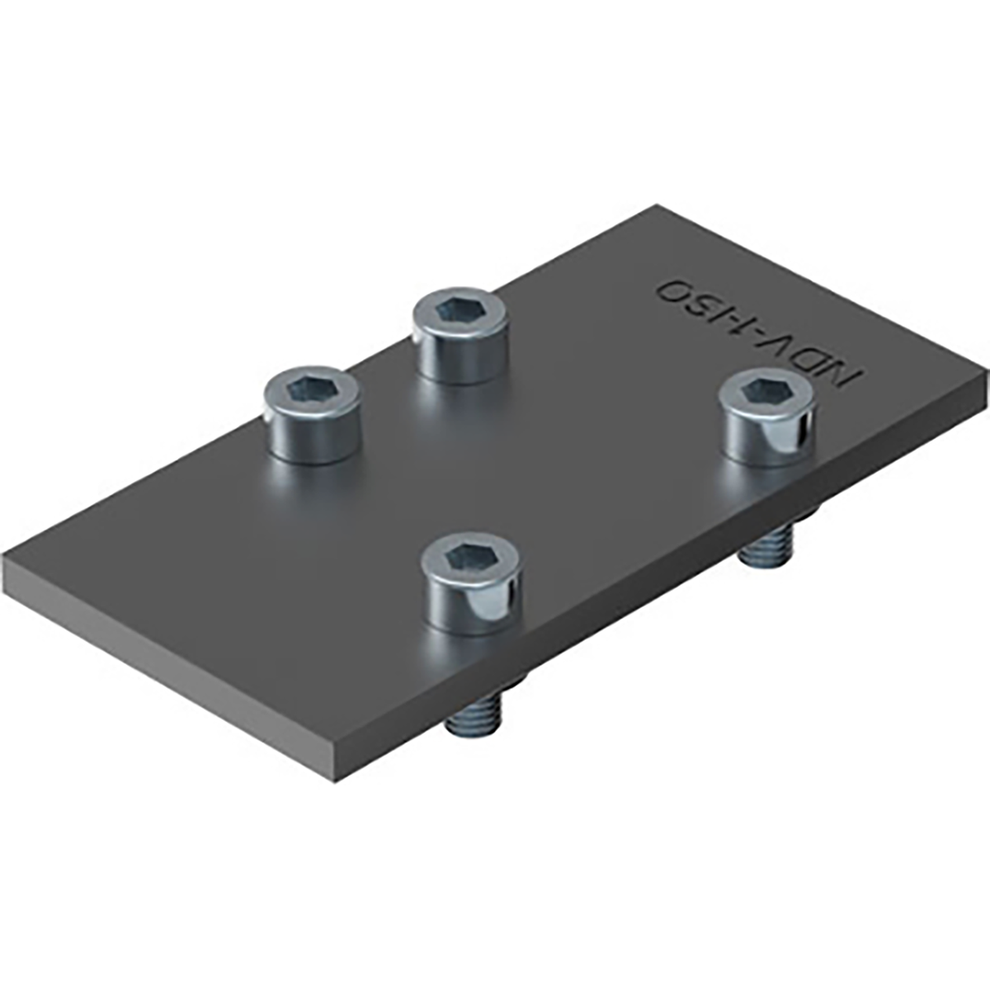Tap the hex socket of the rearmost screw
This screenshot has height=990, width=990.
(459, 310)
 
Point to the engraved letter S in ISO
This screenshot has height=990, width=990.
(705, 304)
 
